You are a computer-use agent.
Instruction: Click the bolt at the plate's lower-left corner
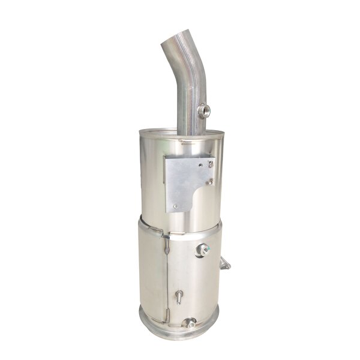pos(175,208)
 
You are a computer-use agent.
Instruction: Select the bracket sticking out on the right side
pos(225,263)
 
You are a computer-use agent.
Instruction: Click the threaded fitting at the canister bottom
pos(190,323)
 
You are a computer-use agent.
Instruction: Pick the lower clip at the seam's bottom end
pos(169,313)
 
